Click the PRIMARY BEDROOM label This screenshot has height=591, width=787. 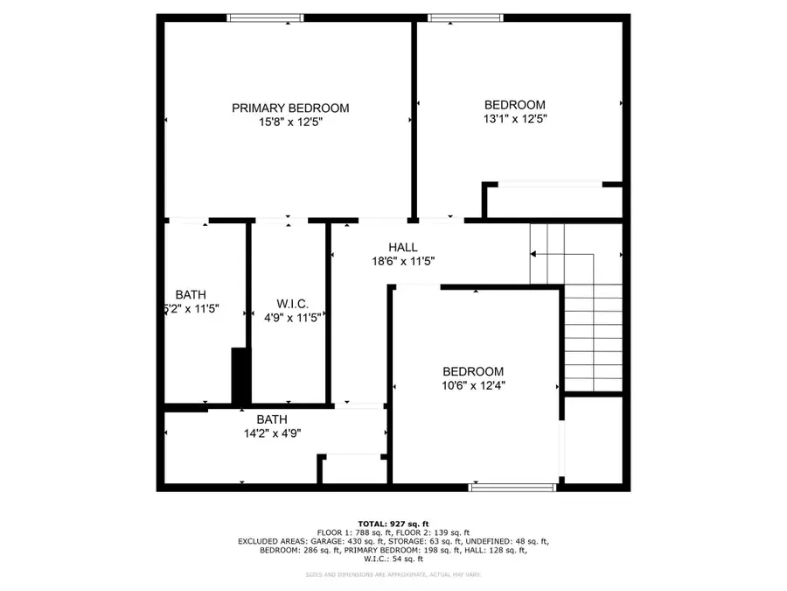[x=290, y=109]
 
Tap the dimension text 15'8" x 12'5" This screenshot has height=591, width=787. [x=290, y=123]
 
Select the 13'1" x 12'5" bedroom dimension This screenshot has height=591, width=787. [x=516, y=118]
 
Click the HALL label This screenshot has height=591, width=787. [x=403, y=248]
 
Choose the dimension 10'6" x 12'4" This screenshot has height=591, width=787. [x=473, y=385]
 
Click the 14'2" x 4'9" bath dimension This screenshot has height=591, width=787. [x=272, y=433]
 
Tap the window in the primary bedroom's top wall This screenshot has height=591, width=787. [x=266, y=18]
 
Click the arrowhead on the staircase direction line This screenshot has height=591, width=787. [x=533, y=255]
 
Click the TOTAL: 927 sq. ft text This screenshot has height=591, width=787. [x=393, y=523]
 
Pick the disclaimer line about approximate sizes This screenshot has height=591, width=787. [x=393, y=574]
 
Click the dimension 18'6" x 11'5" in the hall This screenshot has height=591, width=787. [x=403, y=261]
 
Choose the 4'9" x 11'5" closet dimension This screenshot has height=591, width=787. [x=293, y=317]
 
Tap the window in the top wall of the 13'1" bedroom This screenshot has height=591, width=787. [x=465, y=18]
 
